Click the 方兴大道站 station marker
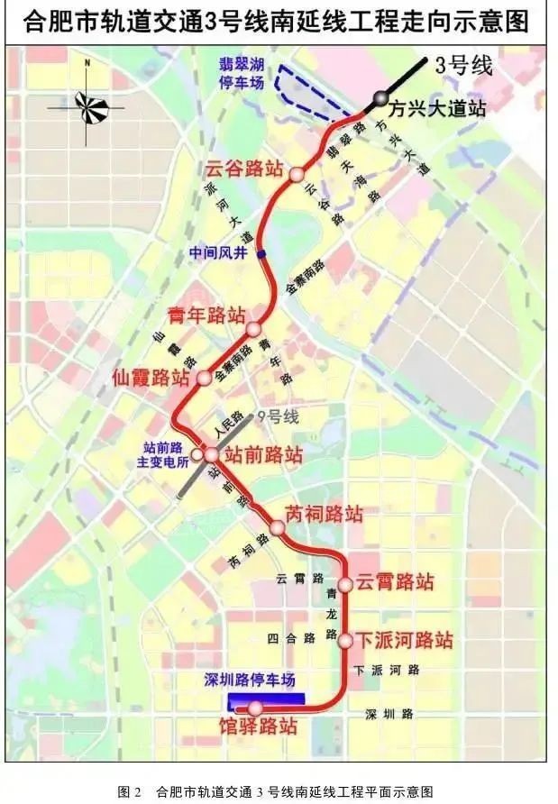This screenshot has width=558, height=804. pyautogui.click(x=381, y=98)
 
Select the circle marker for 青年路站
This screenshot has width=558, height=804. pyautogui.click(x=253, y=330)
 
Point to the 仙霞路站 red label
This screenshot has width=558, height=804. pyautogui.click(x=151, y=378)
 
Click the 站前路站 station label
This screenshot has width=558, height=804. pyautogui.click(x=263, y=454)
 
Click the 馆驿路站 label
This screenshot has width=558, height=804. pyautogui.click(x=258, y=726)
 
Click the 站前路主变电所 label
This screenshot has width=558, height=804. pyautogui.click(x=165, y=454)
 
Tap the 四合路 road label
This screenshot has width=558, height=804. pyautogui.click(x=290, y=637)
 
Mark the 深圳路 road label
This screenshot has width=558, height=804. pyautogui.click(x=389, y=714)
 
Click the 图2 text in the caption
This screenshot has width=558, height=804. pyautogui.click(x=130, y=791)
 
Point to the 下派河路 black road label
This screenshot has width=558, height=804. pyautogui.click(x=388, y=670)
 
